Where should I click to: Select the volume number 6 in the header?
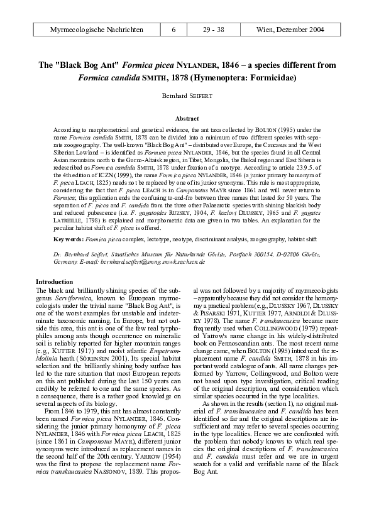173,30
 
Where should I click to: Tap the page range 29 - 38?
216,30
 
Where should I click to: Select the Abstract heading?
187,118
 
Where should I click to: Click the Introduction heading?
55,281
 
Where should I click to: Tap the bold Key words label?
68,239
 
